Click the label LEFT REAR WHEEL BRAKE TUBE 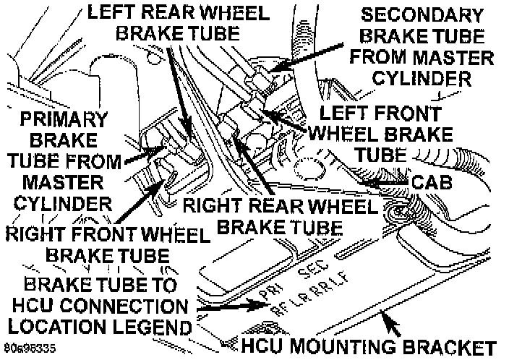pyautogui.click(x=179, y=23)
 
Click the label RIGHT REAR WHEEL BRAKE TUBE pyautogui.click(x=280, y=217)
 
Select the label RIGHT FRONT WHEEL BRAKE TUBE pyautogui.click(x=106, y=244)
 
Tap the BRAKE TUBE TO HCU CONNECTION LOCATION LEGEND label pyautogui.click(x=98, y=304)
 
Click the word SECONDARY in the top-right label pyautogui.click(x=424, y=15)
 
